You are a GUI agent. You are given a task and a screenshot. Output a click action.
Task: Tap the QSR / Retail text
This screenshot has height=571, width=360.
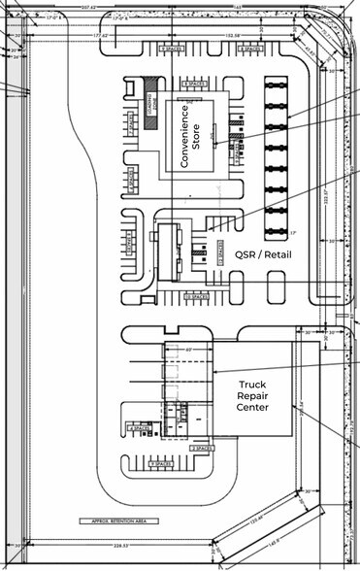(x=264, y=254)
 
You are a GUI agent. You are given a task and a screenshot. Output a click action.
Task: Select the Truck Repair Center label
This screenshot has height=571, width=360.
(x=252, y=395)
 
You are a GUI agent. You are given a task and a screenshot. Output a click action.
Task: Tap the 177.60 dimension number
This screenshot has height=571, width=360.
(x=99, y=37)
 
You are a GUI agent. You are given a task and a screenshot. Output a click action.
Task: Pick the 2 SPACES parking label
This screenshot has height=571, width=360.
(x=200, y=449)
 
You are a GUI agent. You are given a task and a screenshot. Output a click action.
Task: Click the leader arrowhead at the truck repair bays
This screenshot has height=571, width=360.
(x=214, y=372)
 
